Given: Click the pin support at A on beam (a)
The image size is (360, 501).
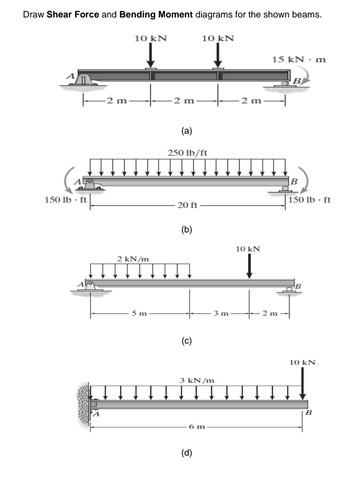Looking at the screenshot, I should coord(85,80).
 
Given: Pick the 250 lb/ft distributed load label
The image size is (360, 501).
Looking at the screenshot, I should coord(187,152).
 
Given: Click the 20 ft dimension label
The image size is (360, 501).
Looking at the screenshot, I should coord(187,205).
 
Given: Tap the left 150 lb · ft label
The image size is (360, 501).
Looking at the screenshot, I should coord(65,199).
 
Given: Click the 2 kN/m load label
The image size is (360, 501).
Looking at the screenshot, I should coord(132,259).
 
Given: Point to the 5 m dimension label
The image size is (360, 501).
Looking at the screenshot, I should coord(140,314).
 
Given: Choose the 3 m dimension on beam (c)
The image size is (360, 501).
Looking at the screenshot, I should coord(220,314).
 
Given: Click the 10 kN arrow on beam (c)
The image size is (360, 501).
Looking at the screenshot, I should coord(249,265).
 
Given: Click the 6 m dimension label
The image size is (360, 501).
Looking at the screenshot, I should coord(196,428).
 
